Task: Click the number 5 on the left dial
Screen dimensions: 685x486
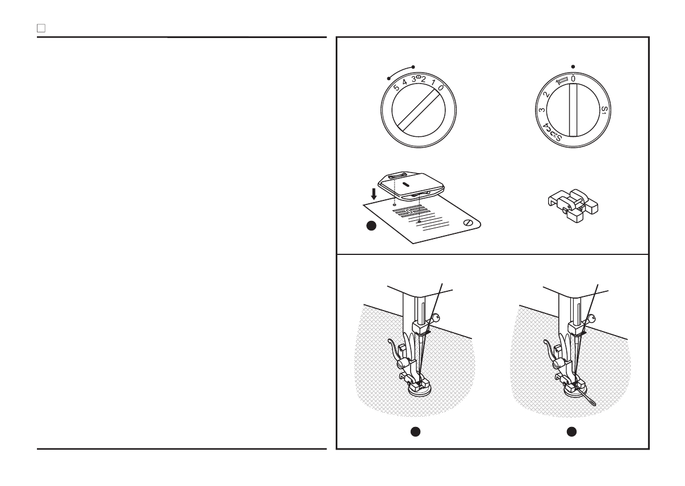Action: coord(396,82)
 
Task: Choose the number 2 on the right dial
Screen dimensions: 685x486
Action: coord(546,95)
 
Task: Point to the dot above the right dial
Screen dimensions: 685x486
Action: coord(573,66)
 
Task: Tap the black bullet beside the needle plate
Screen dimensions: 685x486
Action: coord(371,227)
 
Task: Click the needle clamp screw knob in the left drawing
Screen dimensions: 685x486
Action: coord(436,317)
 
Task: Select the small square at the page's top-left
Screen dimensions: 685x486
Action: coord(41,28)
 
